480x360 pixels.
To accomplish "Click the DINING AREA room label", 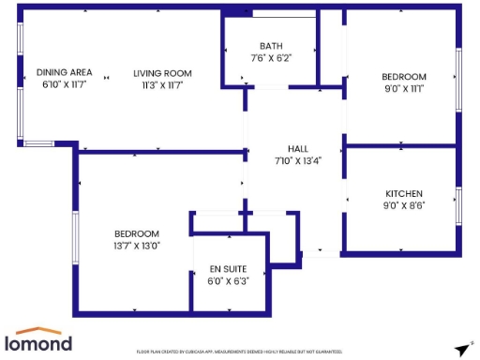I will [x=64, y=73].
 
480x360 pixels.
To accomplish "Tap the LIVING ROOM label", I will [x=162, y=73].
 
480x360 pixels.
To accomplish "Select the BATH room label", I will [x=271, y=46].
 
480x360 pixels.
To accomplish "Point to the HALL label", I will [x=297, y=149].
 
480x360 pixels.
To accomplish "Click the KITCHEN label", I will [x=403, y=193].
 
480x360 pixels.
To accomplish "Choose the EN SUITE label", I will [x=228, y=270].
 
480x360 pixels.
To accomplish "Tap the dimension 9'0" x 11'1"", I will [x=403, y=89].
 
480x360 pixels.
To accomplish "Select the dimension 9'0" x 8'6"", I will [x=403, y=205].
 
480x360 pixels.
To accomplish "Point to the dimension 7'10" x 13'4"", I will [x=297, y=161].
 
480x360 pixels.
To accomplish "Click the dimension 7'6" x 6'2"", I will [x=271, y=58].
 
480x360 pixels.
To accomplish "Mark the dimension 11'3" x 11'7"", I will [x=162, y=85].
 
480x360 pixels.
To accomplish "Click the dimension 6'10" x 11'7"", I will [x=64, y=85].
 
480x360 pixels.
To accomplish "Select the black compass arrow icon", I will [x=461, y=350].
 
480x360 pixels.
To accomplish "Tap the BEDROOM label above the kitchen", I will [x=403, y=77].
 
